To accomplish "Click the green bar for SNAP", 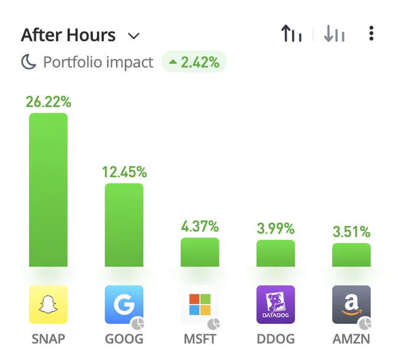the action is click(x=48, y=190).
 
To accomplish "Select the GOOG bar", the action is click(x=124, y=225).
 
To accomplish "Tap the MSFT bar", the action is click(x=200, y=252).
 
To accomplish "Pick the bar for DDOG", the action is click(x=275, y=254).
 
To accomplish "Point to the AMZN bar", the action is click(x=352, y=255).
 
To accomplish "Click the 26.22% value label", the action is click(x=48, y=102).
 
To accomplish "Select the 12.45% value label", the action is click(x=125, y=172).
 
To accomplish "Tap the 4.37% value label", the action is click(x=200, y=226).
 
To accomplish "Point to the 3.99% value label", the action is click(x=275, y=228).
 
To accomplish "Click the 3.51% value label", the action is click(x=352, y=232).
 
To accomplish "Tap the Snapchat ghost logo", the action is click(x=48, y=304).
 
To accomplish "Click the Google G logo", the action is click(x=124, y=304).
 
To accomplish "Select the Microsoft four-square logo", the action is click(x=200, y=304).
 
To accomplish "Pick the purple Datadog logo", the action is click(x=275, y=304).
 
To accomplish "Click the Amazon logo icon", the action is click(x=352, y=304).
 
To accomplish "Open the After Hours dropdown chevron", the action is click(x=134, y=36).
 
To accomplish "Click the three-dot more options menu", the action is click(x=371, y=33).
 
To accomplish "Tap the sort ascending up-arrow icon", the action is click(x=291, y=33).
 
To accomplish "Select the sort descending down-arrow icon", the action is click(x=334, y=33).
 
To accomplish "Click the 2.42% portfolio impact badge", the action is click(x=194, y=62).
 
